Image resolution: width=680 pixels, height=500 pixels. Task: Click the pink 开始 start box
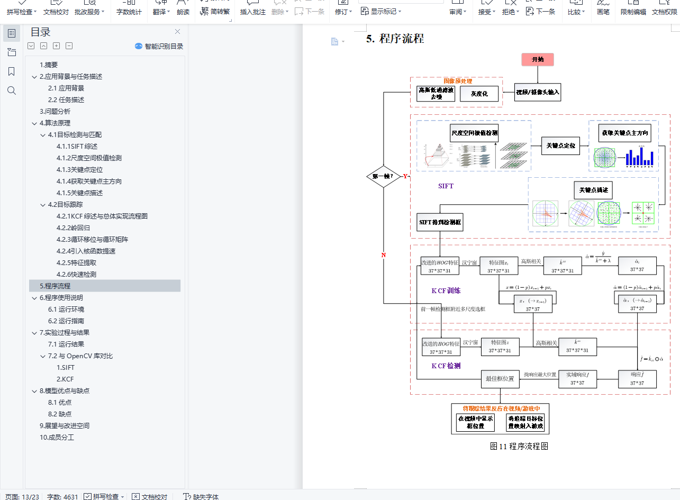click(538, 59)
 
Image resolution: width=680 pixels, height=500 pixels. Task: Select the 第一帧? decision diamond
click(383, 176)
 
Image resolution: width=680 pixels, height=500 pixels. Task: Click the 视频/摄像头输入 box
click(538, 93)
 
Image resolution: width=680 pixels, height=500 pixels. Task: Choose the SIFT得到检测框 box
click(440, 222)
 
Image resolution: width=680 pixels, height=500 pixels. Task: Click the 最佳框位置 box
click(500, 379)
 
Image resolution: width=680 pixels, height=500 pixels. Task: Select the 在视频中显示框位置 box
click(475, 422)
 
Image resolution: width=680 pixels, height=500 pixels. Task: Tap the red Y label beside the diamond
click(405, 176)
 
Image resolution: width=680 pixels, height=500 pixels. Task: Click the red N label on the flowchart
click(384, 255)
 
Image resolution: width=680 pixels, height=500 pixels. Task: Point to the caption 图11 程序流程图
click(519, 446)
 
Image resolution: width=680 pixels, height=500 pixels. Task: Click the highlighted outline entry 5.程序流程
click(55, 286)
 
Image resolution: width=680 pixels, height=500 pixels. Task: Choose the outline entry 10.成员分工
click(57, 437)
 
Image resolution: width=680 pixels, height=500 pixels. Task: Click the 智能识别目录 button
click(159, 46)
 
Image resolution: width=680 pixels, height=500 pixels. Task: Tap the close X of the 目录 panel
click(177, 32)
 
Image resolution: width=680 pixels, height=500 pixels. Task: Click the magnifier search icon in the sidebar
click(12, 90)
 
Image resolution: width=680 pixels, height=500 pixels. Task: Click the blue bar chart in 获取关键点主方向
click(639, 157)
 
